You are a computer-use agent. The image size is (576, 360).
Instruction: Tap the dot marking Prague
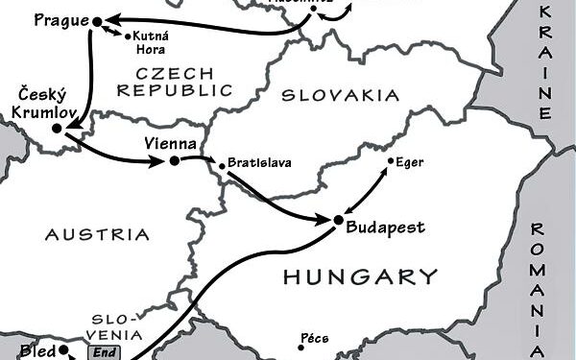[96, 20]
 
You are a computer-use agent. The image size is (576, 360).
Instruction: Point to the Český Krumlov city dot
[57, 128]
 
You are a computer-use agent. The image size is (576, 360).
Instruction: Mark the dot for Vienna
[174, 161]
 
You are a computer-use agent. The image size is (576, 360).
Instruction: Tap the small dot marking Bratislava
[222, 167]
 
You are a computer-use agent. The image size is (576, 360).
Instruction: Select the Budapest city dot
[338, 220]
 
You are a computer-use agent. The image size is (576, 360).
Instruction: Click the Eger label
[409, 163]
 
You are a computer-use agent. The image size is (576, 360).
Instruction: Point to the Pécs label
[315, 339]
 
